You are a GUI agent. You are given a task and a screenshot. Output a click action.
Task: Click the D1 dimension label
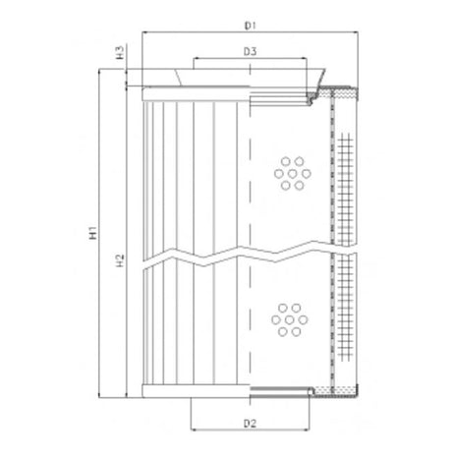[x=250, y=21]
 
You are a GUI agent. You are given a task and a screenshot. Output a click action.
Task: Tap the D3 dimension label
[x=250, y=50]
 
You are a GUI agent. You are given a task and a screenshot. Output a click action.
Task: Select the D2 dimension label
[x=250, y=424]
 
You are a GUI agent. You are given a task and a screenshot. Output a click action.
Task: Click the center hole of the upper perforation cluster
[x=289, y=173]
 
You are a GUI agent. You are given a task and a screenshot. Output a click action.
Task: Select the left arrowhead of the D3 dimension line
[x=195, y=60]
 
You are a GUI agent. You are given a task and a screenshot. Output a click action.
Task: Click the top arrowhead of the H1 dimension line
[x=101, y=71]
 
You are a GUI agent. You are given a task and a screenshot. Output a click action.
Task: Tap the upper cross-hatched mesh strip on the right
[x=345, y=167]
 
